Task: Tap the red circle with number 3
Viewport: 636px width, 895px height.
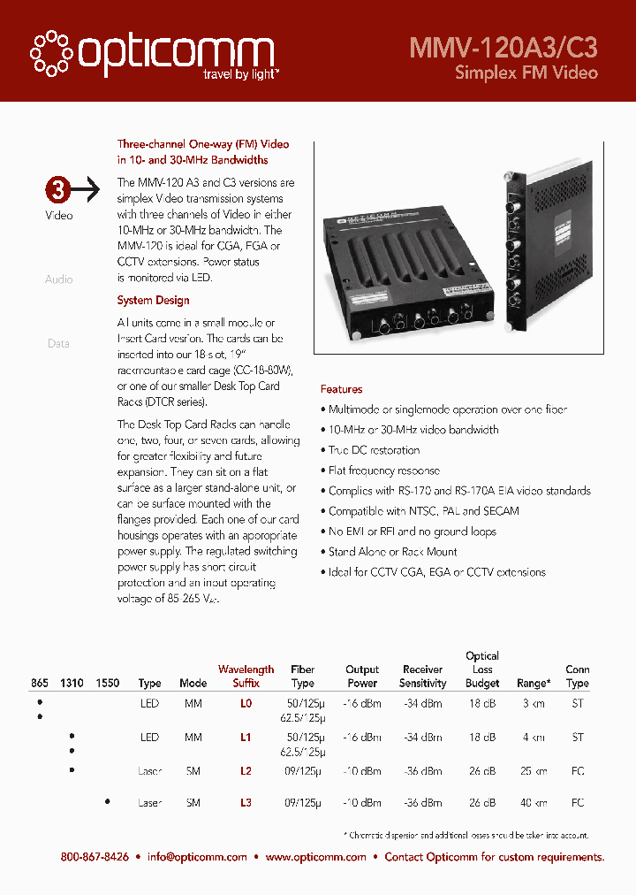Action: tap(57, 189)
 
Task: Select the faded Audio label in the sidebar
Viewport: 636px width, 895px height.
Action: tap(59, 279)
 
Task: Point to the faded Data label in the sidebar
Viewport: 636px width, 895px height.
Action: tap(58, 343)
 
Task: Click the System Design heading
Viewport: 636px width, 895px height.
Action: tap(153, 301)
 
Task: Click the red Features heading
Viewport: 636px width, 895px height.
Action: tap(341, 389)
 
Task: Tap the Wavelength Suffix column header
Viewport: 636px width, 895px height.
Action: tap(246, 677)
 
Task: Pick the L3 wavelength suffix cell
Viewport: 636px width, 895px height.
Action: tap(246, 803)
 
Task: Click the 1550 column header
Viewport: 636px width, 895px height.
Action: tap(107, 684)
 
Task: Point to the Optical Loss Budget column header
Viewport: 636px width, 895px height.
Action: tap(482, 669)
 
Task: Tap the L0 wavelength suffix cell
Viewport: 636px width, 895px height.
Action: tap(246, 704)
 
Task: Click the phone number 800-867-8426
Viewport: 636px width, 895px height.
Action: tap(95, 857)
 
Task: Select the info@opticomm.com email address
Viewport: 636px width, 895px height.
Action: tap(197, 857)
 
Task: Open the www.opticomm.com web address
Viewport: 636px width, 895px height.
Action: tap(315, 857)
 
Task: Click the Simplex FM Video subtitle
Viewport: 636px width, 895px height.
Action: tap(526, 73)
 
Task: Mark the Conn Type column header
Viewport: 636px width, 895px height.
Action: tap(578, 677)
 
